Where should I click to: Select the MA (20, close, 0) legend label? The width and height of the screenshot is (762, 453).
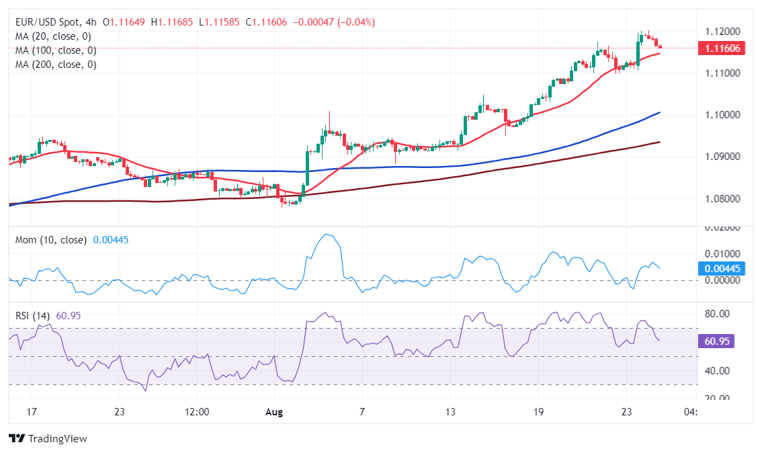tap(53, 36)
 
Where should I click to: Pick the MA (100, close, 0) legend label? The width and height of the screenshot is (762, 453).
tap(56, 50)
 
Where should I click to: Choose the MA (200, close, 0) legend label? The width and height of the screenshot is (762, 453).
tap(56, 65)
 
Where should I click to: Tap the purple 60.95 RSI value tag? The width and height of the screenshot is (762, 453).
tap(718, 341)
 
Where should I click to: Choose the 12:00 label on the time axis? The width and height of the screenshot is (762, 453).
tap(196, 411)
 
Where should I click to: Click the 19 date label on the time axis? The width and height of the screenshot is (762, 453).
tap(538, 411)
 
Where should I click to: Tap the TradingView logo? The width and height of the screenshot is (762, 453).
tap(48, 438)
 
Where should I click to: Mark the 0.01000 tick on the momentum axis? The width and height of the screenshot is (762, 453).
tap(717, 253)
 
